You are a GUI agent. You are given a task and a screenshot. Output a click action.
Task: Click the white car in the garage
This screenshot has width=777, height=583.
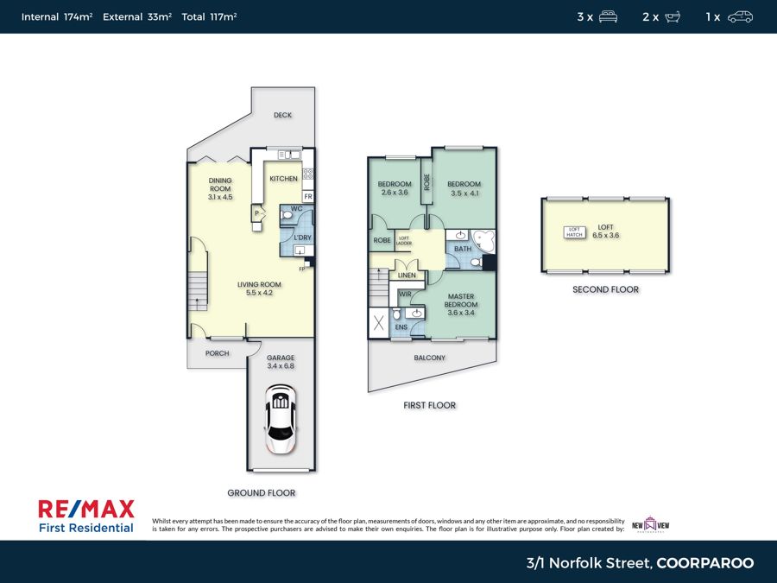coord(281,420)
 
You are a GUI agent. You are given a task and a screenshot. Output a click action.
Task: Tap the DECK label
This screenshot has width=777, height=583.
coord(282,115)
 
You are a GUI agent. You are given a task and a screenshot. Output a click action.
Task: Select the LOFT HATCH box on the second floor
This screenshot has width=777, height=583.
coord(574,232)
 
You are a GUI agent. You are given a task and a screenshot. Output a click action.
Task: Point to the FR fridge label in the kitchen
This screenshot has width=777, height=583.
coord(308,197)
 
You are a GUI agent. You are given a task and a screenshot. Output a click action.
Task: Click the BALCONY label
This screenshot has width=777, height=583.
coord(429,358)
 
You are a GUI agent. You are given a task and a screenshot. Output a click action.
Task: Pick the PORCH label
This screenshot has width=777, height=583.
coord(217,353)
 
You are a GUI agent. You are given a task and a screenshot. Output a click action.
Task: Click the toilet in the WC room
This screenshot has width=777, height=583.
coord(287,216)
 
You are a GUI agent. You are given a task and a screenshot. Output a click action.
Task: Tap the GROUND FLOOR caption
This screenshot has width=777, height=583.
coord(261,493)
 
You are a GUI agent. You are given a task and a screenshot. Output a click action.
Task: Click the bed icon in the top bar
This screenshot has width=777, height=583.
coord(608,17)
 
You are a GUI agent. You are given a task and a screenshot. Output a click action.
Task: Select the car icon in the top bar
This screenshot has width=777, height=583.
coord(740,17)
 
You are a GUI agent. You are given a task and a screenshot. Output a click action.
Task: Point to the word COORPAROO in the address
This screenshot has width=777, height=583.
coord(705,563)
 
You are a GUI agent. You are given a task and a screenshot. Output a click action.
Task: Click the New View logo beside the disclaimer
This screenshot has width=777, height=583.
coord(650,524)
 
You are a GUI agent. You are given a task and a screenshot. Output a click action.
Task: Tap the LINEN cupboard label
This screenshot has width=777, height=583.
coord(407,276)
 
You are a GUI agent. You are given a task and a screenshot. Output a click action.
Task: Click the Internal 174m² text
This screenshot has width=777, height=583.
coord(57,17)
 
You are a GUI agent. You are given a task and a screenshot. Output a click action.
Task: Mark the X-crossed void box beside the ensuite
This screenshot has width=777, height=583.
coord(379,323)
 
